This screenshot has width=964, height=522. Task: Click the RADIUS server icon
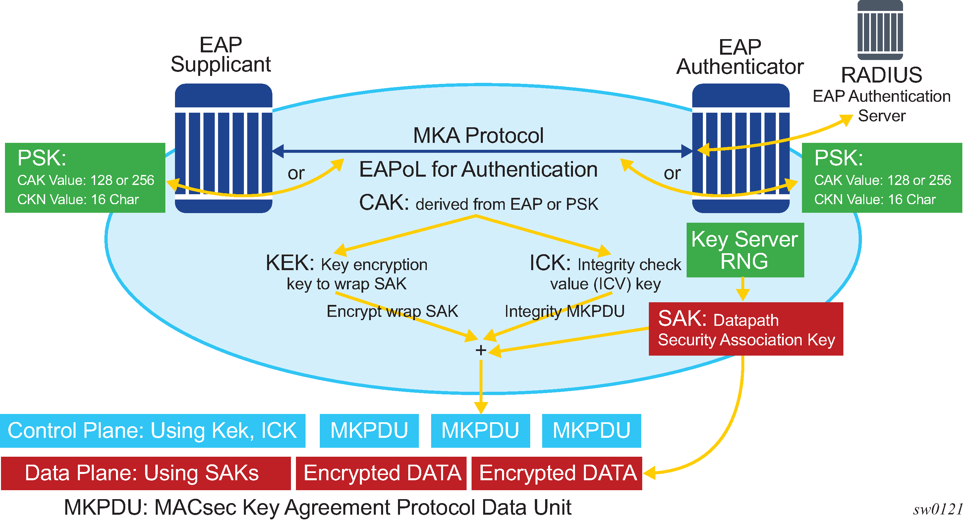880,30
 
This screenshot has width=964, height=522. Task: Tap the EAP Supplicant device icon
223,148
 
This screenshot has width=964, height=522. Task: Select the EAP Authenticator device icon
741,148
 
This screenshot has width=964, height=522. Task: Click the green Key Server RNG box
745,250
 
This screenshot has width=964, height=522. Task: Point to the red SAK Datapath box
746,329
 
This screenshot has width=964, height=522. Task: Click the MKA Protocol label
478,136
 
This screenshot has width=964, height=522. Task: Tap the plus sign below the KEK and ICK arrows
481,350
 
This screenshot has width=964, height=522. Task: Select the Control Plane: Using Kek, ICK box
152,431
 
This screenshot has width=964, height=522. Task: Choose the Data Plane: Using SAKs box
145,473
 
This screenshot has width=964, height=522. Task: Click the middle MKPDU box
480,431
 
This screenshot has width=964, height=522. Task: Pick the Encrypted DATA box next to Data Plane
381,473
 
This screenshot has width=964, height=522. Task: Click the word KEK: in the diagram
290,263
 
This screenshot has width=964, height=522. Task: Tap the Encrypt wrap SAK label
392,311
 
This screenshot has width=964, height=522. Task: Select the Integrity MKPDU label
564,311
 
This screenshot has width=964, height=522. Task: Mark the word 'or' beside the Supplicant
296,173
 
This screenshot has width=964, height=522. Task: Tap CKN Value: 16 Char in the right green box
875,200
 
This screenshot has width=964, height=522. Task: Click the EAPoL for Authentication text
478,169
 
